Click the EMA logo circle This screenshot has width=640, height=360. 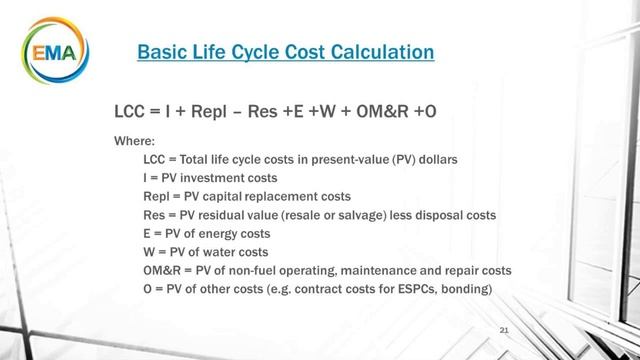tap(51, 49)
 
